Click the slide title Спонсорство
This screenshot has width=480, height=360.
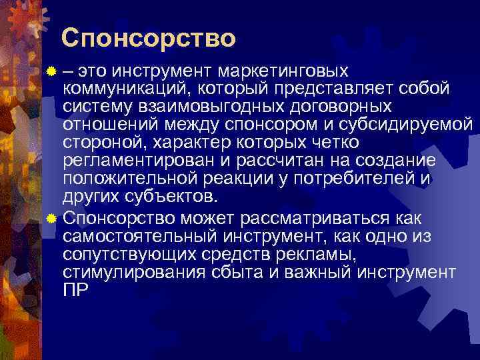coord(148,38)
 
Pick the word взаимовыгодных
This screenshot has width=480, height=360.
coord(199,107)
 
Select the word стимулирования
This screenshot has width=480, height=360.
coord(127,272)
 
